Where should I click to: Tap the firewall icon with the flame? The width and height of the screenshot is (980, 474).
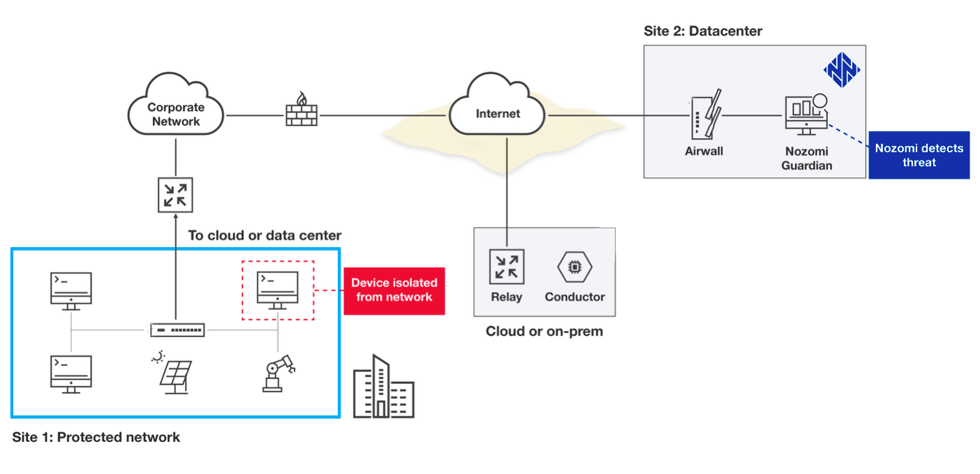pos(302,111)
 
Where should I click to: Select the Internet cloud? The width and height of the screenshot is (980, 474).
pos(498,112)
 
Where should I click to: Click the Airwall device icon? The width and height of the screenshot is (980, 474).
pos(705,115)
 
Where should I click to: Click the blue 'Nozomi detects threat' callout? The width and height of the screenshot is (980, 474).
pos(919,155)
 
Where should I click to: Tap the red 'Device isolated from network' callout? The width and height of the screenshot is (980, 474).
pos(394,290)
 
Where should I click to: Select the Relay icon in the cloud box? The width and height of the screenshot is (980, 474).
pos(507,267)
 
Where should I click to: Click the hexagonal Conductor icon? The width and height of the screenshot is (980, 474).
pos(574,267)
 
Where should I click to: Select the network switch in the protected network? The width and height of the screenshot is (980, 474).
pos(178,329)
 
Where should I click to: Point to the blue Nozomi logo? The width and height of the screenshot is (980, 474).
pos(842,70)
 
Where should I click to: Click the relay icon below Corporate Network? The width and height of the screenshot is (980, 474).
pos(175,195)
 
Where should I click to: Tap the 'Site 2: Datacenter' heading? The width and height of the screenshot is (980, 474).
pos(703,31)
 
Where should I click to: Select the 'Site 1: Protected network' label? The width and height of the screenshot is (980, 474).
pos(96,438)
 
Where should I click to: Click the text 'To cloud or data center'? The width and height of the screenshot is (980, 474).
pos(265,235)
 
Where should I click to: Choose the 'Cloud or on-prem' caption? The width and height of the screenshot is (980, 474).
pos(544,332)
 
